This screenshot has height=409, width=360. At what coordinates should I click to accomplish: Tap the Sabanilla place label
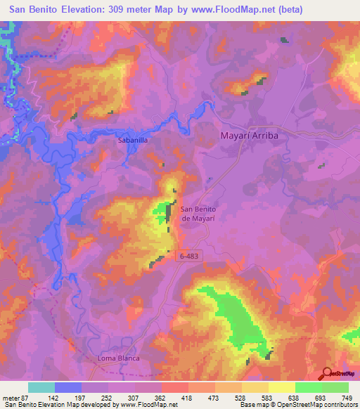click(132, 141)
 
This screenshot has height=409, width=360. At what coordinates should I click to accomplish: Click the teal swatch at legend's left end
click(41, 387)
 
